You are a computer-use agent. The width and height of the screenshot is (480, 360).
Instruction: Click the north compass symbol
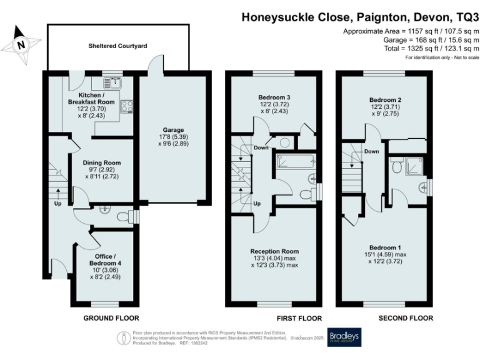(21, 44)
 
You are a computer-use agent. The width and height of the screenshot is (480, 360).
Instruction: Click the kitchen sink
(114, 81)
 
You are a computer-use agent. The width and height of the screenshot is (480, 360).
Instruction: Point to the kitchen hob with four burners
(127, 106)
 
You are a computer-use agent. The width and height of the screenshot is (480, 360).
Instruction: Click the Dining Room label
(102, 162)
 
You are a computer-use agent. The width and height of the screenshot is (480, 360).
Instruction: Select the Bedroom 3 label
(274, 98)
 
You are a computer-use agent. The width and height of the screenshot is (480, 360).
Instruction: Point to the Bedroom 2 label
(385, 100)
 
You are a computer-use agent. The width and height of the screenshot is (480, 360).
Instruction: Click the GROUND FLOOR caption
(111, 318)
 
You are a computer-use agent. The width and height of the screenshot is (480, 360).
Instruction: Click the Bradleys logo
(343, 336)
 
